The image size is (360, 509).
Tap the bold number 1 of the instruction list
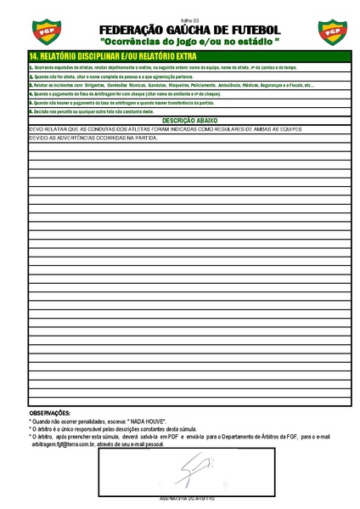pos(31,66)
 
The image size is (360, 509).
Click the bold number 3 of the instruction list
pos(31,86)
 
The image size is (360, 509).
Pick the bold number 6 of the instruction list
pos(31,111)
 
